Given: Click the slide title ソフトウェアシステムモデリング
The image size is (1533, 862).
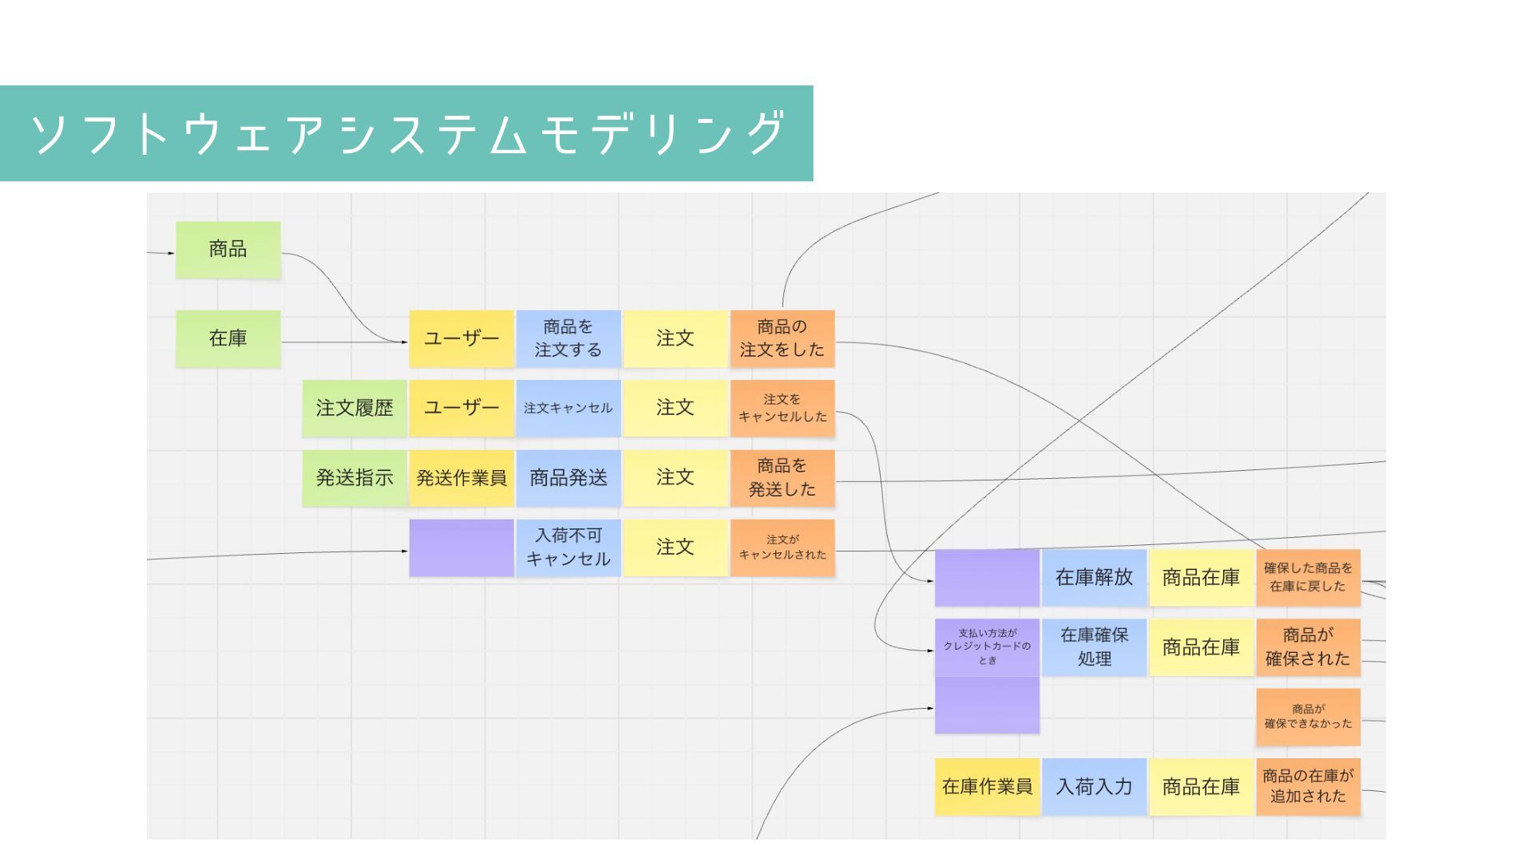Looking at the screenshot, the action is pyautogui.click(x=407, y=133).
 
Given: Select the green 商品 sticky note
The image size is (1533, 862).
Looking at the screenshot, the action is pyautogui.click(x=228, y=250).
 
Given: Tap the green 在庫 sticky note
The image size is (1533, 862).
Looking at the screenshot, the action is pyautogui.click(x=228, y=338).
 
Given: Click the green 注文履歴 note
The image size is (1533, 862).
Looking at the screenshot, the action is pyautogui.click(x=355, y=408).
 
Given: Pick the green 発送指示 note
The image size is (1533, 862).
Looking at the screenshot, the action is pyautogui.click(x=355, y=477).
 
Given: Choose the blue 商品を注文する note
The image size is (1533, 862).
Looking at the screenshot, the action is pyautogui.click(x=568, y=338).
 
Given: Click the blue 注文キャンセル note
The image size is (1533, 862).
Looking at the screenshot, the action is pyautogui.click(x=568, y=408).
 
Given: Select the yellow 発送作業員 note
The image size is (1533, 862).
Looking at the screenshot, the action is pyautogui.click(x=461, y=477).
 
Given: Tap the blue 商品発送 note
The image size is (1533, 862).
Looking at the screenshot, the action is pyautogui.click(x=568, y=477).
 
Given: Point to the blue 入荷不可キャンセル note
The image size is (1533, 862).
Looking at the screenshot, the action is pyautogui.click(x=568, y=548).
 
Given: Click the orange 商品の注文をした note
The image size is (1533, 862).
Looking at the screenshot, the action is pyautogui.click(x=782, y=338).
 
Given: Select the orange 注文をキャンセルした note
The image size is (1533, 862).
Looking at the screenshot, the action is pyautogui.click(x=782, y=408).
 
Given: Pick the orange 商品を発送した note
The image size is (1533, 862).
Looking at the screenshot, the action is pyautogui.click(x=782, y=477).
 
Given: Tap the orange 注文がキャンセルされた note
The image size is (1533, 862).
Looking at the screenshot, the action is pyautogui.click(x=782, y=548).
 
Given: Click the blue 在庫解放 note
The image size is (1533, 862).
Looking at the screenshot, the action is pyautogui.click(x=1094, y=577).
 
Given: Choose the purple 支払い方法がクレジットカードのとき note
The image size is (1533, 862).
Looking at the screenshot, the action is pyautogui.click(x=988, y=647).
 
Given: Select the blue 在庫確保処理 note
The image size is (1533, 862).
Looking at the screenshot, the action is pyautogui.click(x=1094, y=647).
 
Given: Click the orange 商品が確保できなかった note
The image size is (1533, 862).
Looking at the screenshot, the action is pyautogui.click(x=1308, y=717).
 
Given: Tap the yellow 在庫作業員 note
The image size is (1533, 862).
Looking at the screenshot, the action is pyautogui.click(x=988, y=787).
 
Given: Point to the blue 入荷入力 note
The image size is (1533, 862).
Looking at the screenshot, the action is pyautogui.click(x=1094, y=787).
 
